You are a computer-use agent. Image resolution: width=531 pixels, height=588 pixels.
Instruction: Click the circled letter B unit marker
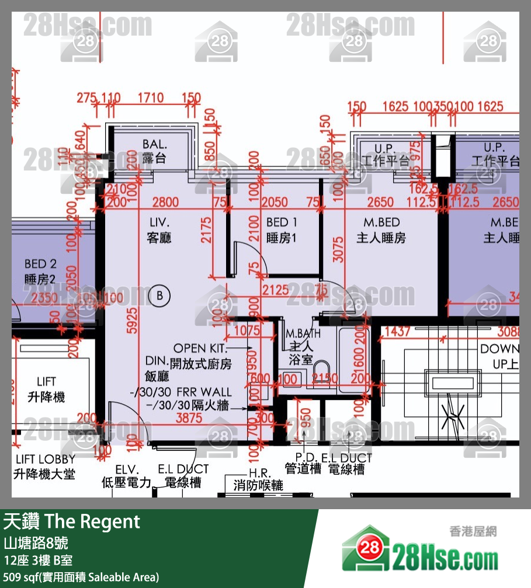(x=159, y=296)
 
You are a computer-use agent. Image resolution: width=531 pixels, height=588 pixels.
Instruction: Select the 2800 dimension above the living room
(x=165, y=202)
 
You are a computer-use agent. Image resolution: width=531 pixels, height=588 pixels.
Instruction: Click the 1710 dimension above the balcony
(x=150, y=98)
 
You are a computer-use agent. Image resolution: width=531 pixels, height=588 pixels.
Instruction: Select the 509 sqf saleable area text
(x=81, y=577)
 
